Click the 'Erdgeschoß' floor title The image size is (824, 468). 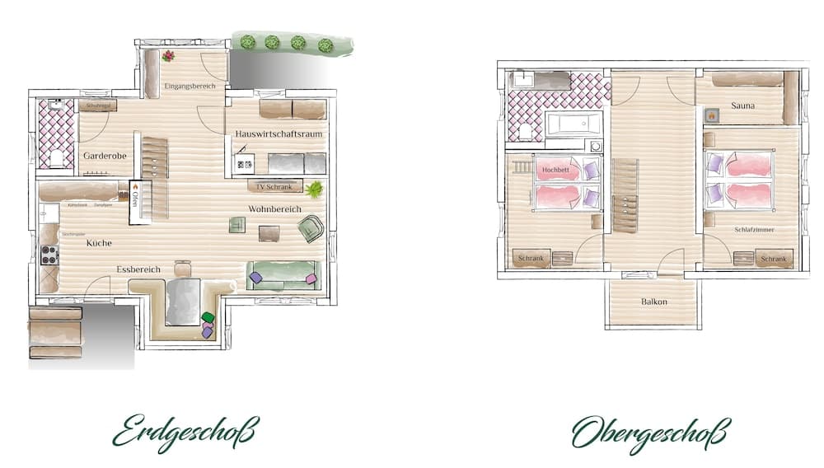coord(185,432)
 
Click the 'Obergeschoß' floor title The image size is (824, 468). coord(651,432)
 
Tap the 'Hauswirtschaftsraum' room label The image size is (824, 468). coord(279,133)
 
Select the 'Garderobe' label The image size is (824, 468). coord(102,155)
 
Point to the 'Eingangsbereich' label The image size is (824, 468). coord(190,86)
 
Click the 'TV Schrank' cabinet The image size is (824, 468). coord(274,187)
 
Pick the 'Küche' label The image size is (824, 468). coord(99,243)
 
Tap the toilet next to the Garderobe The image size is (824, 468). coord(57,157)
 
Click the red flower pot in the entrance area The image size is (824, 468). coord(168,56)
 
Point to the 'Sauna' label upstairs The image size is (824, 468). coord(743,105)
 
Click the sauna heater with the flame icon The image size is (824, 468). coord(709,116)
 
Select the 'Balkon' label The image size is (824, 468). coord(654,302)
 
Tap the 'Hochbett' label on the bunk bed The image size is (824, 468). coord(556,170)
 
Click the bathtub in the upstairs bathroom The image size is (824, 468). coord(574,125)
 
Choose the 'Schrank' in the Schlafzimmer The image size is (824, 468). coord(773,259)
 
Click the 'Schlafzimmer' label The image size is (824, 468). coord(753,230)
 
